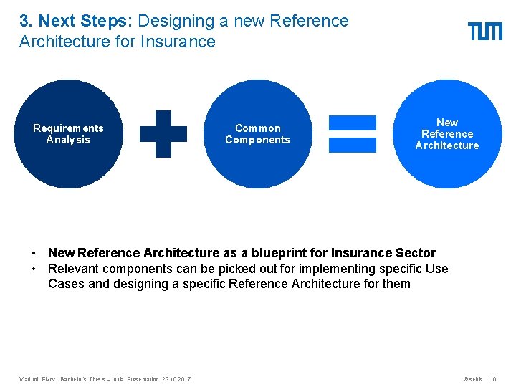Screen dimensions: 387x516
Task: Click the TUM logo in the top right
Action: (x=485, y=31)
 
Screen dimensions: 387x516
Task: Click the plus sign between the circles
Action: (x=163, y=133)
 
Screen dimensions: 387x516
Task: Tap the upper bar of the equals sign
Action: (x=353, y=123)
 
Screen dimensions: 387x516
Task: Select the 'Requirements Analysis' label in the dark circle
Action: (x=68, y=134)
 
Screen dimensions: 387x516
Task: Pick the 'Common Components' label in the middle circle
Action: (x=257, y=134)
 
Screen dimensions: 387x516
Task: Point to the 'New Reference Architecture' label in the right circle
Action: (x=447, y=134)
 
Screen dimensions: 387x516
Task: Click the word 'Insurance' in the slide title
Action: (x=179, y=42)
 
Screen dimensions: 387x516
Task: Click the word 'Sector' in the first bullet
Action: (x=415, y=253)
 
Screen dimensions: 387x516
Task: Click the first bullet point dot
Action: (x=34, y=254)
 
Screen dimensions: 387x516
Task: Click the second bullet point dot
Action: (x=34, y=269)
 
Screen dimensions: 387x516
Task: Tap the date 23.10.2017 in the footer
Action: (x=176, y=378)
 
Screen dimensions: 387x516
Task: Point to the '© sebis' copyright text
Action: (x=472, y=378)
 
